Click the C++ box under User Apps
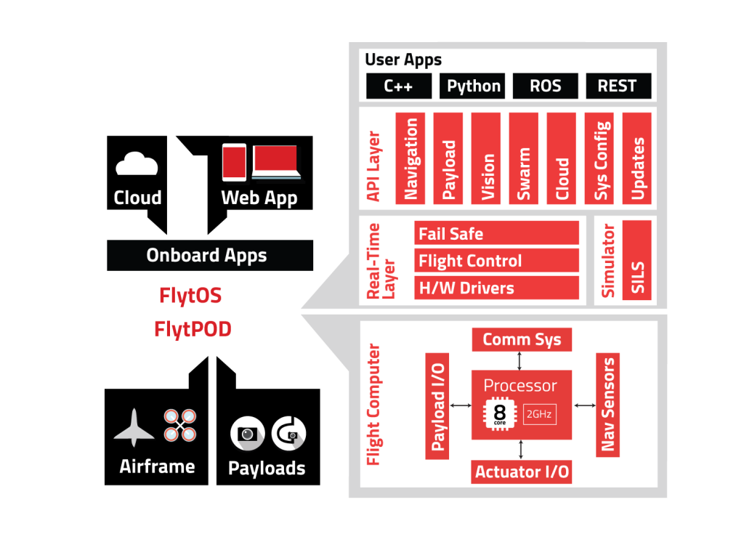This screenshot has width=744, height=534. pyautogui.click(x=398, y=86)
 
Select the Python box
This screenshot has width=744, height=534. pyautogui.click(x=474, y=86)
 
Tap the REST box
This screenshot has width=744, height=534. pyautogui.click(x=617, y=86)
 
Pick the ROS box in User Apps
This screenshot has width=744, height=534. pyautogui.click(x=545, y=86)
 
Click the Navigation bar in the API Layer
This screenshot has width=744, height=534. pyautogui.click(x=411, y=158)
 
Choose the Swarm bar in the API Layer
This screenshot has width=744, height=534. pyautogui.click(x=523, y=158)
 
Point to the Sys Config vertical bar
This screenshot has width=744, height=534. pyautogui.click(x=601, y=158)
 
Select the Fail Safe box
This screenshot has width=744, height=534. pyautogui.click(x=497, y=234)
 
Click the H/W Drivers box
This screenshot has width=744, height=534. pyautogui.click(x=497, y=288)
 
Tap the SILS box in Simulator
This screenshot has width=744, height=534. pyautogui.click(x=637, y=260)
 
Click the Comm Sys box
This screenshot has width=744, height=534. pyautogui.click(x=522, y=339)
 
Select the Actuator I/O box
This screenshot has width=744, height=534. pyautogui.click(x=522, y=472)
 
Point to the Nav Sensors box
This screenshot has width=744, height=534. pyautogui.click(x=608, y=405)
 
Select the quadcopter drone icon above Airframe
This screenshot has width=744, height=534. pyautogui.click(x=179, y=425)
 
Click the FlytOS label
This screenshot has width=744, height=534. pyautogui.click(x=190, y=296)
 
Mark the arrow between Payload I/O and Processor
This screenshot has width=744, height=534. pyautogui.click(x=461, y=405)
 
